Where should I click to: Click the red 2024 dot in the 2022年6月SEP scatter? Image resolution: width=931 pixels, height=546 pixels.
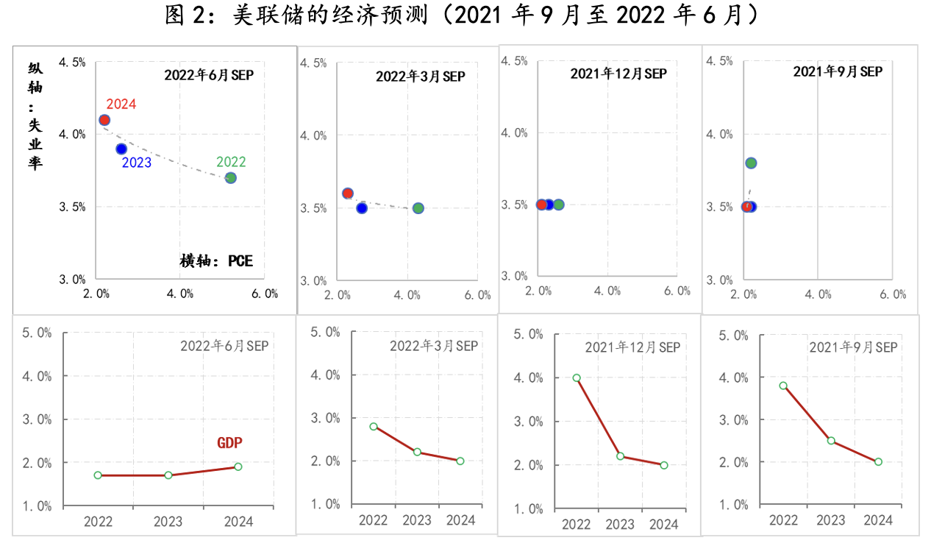tap(104, 120)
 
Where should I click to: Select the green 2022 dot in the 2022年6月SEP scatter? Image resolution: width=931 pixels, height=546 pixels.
tap(230, 177)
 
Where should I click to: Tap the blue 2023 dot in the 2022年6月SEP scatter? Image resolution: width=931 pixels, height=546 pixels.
tap(121, 149)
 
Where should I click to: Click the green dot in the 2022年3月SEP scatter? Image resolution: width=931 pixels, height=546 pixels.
tap(418, 208)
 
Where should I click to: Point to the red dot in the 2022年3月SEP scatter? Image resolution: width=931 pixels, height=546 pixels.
tap(348, 194)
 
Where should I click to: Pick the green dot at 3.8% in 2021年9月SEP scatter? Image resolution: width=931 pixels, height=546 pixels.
tap(751, 163)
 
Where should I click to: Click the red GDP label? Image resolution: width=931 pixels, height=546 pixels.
tap(229, 443)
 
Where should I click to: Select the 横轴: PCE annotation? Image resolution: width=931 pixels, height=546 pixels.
tap(216, 260)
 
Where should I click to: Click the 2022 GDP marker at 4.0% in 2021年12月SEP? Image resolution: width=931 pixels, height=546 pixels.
tap(577, 377)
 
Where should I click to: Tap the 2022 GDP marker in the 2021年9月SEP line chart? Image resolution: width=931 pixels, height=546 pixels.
tap(783, 386)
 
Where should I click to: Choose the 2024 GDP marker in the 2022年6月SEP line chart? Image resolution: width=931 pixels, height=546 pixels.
tap(238, 467)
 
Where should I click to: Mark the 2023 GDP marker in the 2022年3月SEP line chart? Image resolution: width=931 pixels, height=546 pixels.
tap(417, 452)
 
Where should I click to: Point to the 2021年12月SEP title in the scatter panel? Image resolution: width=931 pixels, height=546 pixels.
tap(618, 74)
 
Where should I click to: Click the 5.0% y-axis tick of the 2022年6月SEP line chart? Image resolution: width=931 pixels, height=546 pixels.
tap(37, 333)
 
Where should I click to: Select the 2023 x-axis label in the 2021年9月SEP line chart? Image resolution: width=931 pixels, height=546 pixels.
tap(831, 520)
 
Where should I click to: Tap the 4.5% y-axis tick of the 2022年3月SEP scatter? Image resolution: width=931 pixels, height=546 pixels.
tap(313, 63)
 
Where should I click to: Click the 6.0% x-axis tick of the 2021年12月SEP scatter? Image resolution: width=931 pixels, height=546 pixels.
tap(677, 291)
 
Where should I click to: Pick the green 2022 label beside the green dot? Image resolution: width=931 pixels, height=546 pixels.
tap(231, 162)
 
